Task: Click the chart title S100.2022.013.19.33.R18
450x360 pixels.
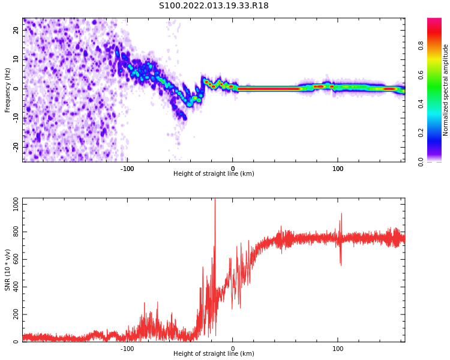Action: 214,5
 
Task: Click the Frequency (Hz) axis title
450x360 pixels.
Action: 8,90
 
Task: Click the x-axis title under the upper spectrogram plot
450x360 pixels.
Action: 214,174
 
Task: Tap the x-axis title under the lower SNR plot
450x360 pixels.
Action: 214,353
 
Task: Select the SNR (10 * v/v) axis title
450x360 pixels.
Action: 8,270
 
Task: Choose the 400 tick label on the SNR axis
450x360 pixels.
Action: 14,287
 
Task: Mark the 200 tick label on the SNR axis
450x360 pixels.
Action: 14,314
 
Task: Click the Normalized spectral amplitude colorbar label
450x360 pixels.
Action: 446,90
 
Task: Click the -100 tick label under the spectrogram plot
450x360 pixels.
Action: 127,169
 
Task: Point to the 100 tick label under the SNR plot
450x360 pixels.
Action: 338,349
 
